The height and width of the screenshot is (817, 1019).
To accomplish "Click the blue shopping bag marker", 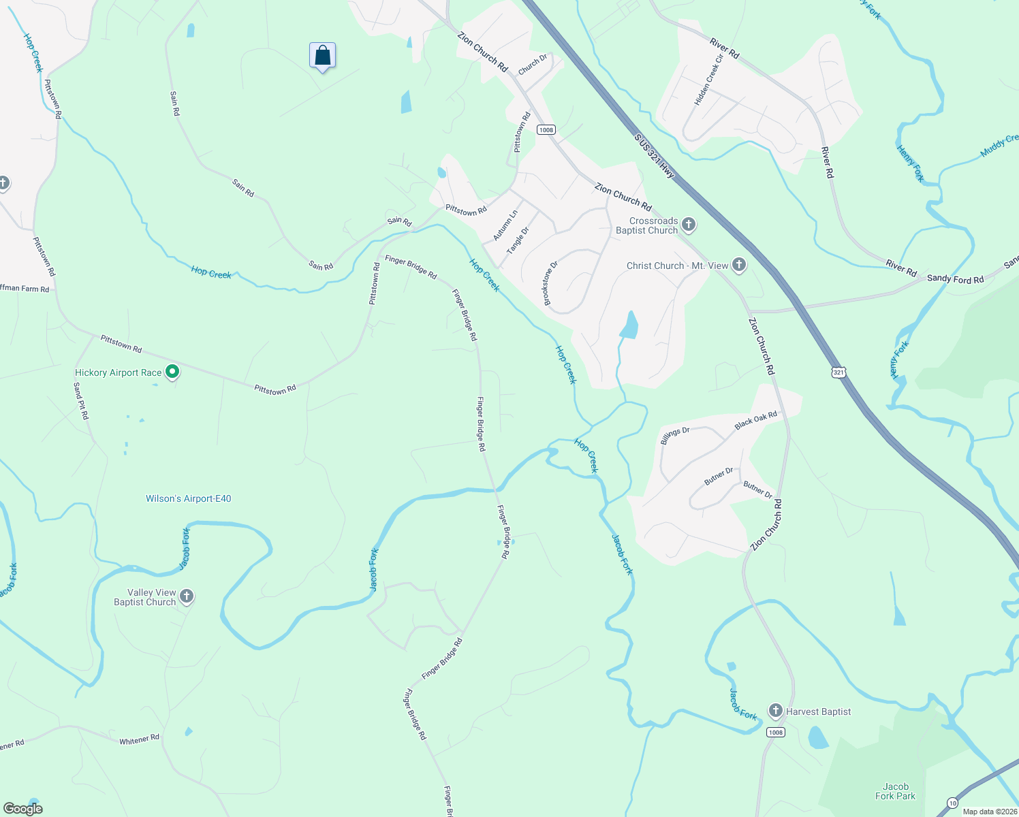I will [322, 56].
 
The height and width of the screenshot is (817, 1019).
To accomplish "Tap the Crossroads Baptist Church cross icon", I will [689, 224].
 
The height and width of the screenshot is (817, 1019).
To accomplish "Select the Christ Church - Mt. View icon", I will [739, 266].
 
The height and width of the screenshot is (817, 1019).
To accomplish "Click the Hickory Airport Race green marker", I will [172, 372].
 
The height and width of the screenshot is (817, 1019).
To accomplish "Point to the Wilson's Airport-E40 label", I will [189, 498].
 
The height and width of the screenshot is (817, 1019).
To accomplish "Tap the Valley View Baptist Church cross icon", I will [187, 597].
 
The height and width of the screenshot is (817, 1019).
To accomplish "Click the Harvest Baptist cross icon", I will [775, 711].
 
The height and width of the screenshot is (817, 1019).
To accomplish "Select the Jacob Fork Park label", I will [895, 791].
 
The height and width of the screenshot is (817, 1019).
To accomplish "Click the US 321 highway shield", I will [838, 372].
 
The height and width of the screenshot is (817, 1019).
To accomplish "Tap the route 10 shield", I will [952, 803].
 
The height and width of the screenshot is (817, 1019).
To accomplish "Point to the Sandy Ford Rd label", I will [955, 279].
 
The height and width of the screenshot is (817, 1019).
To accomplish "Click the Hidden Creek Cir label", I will [709, 80].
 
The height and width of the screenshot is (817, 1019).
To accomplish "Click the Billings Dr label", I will [675, 436].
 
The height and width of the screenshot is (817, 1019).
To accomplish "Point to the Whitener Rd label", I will [139, 739].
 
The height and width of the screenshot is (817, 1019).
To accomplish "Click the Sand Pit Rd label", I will [81, 400].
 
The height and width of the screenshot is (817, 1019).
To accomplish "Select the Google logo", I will [23, 809].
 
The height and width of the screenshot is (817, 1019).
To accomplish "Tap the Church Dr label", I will [533, 65].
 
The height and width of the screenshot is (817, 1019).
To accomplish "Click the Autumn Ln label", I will [505, 225].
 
